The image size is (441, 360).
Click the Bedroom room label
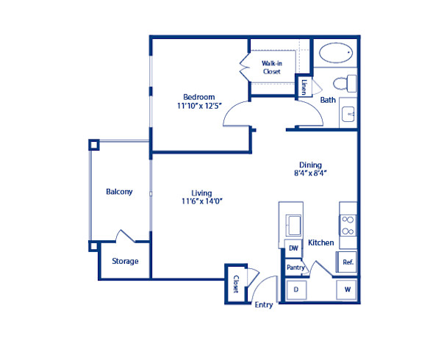198,97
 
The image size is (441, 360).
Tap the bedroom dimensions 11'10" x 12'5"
199,107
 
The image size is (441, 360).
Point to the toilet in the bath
343,82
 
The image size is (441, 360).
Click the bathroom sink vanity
348,115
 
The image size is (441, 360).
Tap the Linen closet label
304,87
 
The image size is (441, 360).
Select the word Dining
310,165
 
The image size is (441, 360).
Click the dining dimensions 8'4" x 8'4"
310,174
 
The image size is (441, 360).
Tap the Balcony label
119,192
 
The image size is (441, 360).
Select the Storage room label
124,261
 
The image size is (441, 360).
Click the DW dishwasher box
293,249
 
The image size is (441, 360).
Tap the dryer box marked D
295,290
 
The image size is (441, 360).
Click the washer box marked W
346,290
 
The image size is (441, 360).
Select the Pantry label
295,268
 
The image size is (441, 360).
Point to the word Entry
263,305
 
